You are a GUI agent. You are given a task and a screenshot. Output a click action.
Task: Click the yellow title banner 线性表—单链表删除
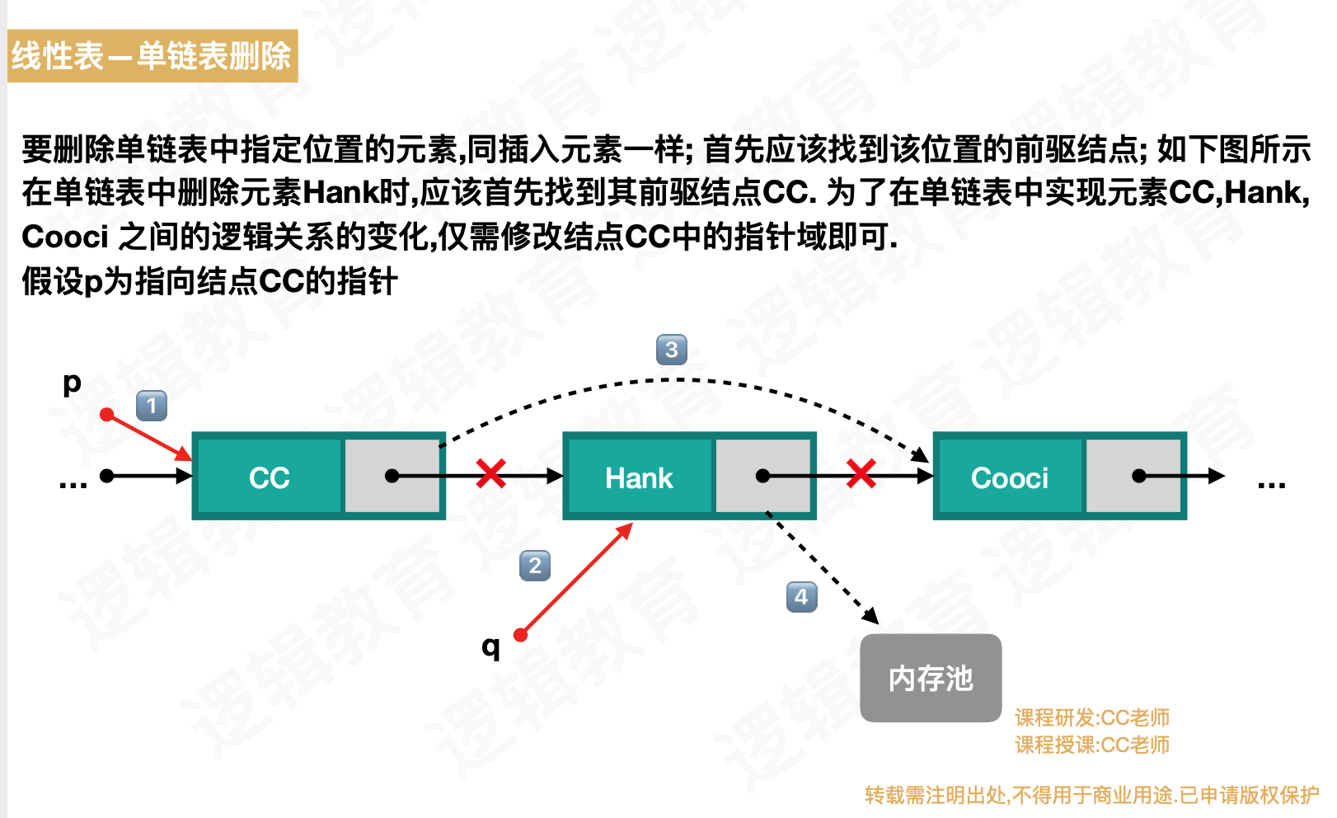tap(152, 56)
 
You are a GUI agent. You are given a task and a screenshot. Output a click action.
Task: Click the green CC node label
tap(269, 477)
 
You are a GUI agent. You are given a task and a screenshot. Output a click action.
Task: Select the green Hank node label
tap(639, 477)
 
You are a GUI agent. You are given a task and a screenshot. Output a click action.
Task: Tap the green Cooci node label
tap(1009, 477)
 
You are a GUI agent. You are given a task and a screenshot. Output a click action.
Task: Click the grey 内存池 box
tap(931, 678)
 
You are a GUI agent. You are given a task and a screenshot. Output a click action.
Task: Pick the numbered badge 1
tap(152, 406)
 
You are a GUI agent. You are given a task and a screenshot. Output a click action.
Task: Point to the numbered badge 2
tap(535, 566)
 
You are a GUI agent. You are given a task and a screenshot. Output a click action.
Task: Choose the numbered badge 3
tap(671, 350)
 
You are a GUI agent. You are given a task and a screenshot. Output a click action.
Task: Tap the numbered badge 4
tap(801, 597)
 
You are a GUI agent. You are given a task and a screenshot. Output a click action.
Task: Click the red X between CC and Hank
tap(491, 474)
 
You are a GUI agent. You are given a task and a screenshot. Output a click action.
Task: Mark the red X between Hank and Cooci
tap(861, 474)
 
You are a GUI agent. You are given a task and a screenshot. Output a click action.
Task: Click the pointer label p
tap(73, 383)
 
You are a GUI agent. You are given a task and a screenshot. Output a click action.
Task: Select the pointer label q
tap(490, 646)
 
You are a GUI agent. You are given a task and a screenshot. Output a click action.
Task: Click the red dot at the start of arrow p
tap(106, 414)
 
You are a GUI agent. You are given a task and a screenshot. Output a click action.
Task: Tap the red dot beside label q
tap(520, 634)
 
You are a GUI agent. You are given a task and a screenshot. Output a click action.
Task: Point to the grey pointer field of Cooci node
tap(1133, 476)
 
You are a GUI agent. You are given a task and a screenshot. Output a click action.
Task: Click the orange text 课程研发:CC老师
tap(1091, 717)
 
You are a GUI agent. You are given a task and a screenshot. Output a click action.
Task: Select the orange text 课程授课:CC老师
tap(1091, 745)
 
